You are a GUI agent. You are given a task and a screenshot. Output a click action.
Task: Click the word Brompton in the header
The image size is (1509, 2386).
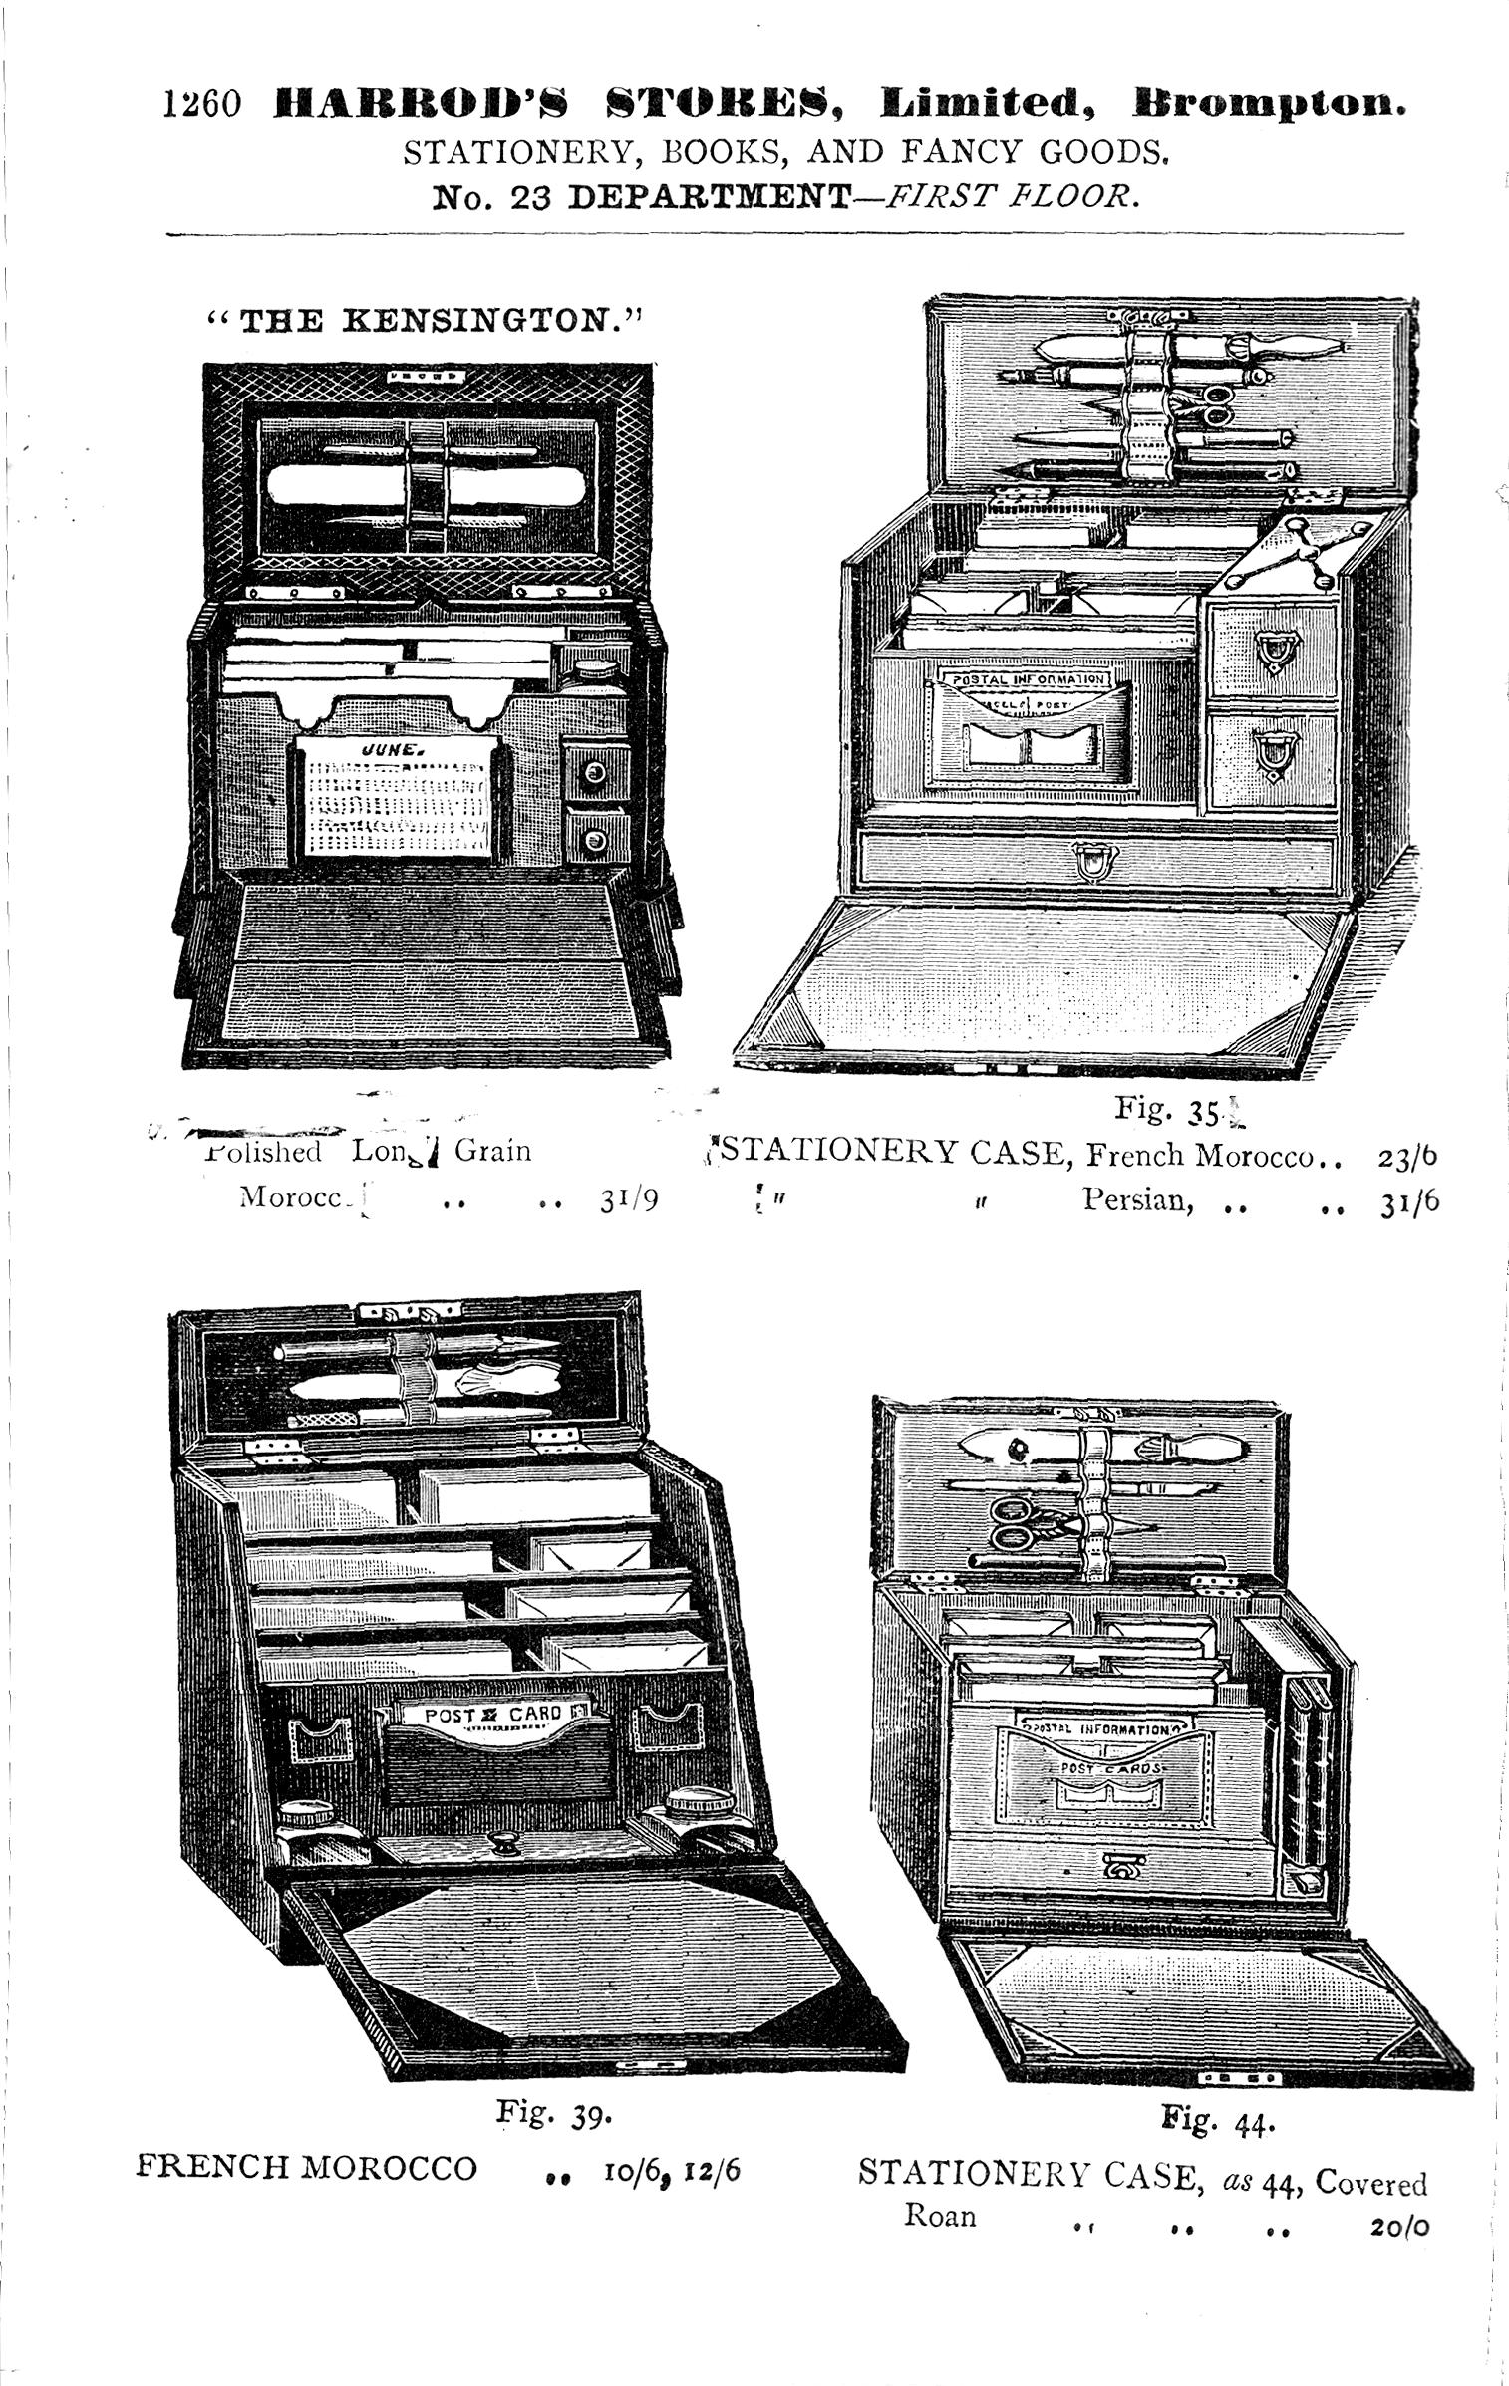pos(1269,104)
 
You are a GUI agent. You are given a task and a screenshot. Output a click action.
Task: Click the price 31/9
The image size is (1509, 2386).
pos(629,1200)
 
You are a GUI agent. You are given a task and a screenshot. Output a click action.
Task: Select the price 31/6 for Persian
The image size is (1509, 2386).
pos(1409,1201)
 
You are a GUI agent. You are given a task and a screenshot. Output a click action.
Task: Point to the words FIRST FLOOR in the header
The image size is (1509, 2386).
pos(1010,196)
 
